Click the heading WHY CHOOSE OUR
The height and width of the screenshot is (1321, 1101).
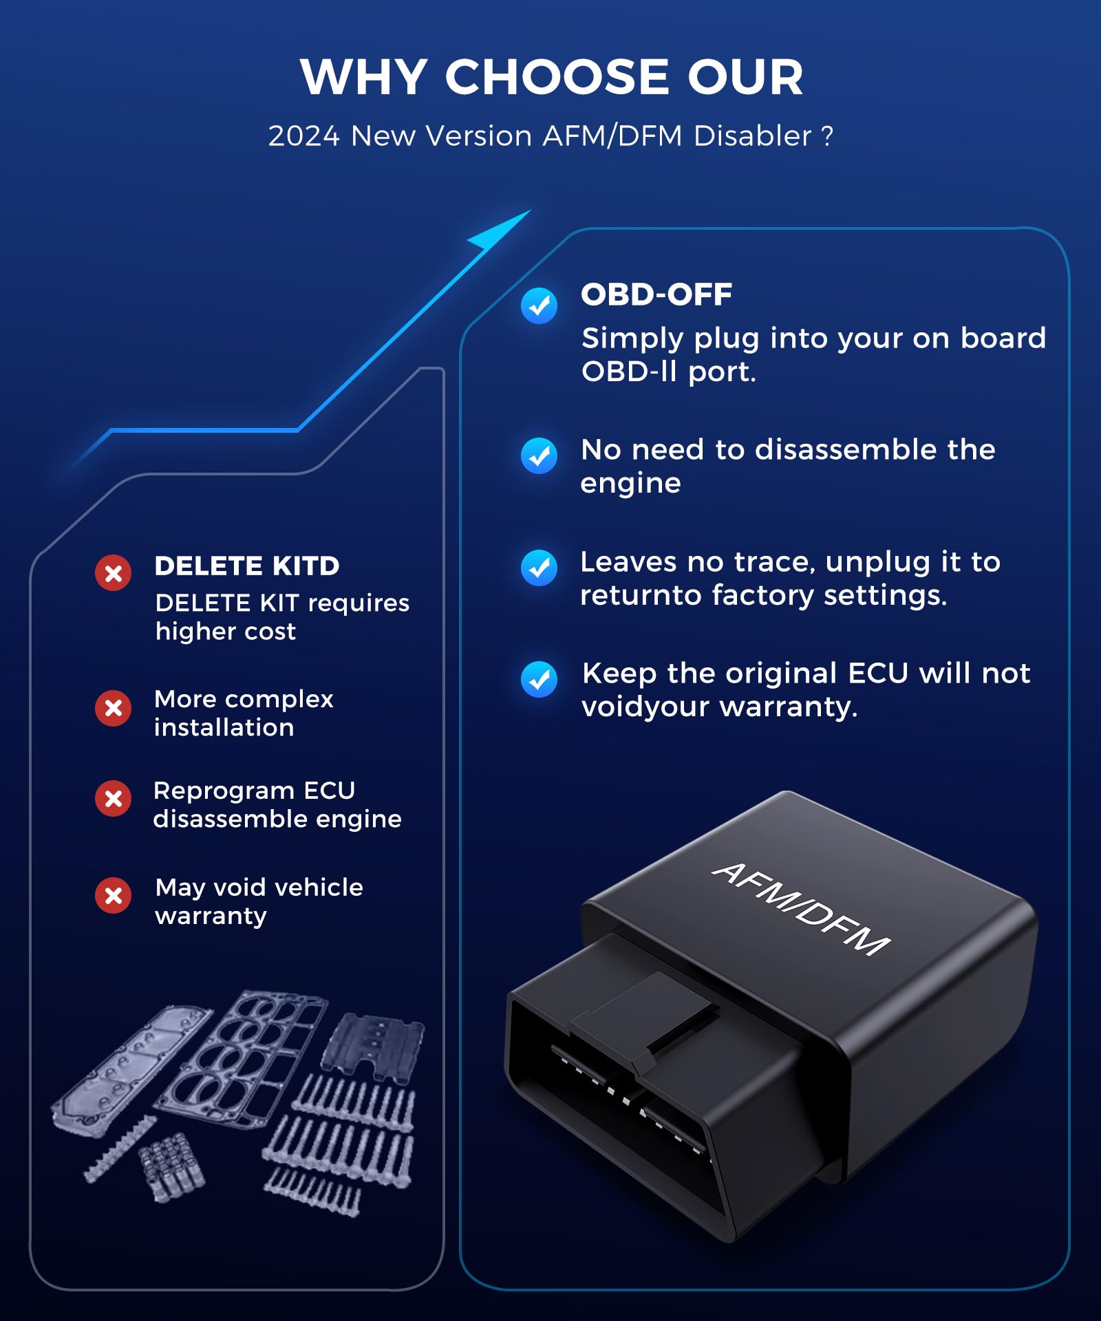551,76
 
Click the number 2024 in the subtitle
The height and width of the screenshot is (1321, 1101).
303,136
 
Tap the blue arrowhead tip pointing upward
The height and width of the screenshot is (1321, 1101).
531,211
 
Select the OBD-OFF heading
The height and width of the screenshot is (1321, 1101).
656,294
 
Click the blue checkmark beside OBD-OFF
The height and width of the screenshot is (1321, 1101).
539,305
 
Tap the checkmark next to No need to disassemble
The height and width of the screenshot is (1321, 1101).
539,455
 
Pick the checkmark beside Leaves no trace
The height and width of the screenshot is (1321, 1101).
539,568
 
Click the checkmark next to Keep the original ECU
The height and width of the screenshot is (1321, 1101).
539,679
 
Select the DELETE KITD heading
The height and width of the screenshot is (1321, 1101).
247,566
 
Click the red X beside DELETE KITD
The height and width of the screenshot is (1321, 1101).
114,573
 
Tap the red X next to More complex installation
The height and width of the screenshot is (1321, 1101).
114,708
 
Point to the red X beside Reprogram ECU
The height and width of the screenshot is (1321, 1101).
114,799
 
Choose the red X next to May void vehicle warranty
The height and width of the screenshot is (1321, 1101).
114,896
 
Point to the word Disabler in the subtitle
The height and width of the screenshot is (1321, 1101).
753,136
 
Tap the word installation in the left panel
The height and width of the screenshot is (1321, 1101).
224,728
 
